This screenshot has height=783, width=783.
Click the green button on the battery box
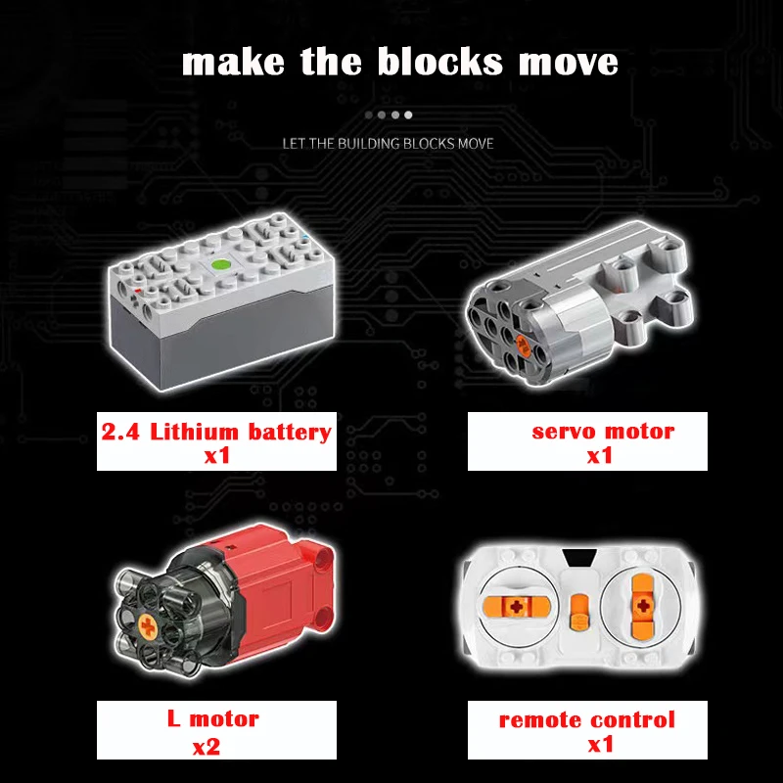coord(219,264)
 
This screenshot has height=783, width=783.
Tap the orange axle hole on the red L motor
coord(148,626)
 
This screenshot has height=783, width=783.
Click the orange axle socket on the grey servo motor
coord(524,345)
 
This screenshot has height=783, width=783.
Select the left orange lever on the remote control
coord(517,607)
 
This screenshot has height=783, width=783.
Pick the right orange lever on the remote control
coord(643,606)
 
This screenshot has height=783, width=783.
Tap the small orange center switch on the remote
coord(579,612)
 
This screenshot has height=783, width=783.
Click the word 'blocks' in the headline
coord(439,62)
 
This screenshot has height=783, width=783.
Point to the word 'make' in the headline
coord(233,62)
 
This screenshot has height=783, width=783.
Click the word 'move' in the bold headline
coord(569,64)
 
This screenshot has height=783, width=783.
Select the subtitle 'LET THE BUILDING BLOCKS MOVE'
coord(388,144)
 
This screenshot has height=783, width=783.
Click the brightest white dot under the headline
coord(408,115)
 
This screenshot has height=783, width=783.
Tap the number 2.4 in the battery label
coord(120,432)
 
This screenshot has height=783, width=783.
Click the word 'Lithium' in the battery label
coord(194,432)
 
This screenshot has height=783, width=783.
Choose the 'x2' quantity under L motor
coord(207,747)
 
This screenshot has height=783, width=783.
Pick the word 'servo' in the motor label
coord(563,432)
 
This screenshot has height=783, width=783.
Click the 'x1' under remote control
coord(601,744)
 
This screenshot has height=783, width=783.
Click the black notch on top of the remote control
coord(579,558)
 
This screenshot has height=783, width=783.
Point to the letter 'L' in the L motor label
coord(173,718)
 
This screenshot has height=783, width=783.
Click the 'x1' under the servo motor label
coord(600,455)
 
